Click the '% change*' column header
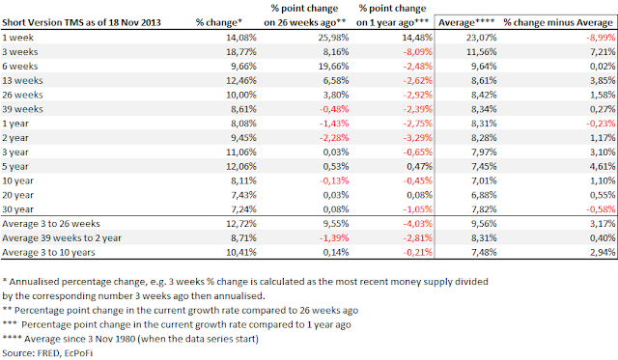[219, 23]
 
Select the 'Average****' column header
[466, 23]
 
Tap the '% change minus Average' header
[558, 23]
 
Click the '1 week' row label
[17, 38]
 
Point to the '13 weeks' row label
[22, 80]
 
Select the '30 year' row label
[17, 209]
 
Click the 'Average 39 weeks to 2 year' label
[62, 237]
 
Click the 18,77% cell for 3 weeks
[241, 51]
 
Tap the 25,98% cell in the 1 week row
[333, 38]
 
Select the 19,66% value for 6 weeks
[333, 67]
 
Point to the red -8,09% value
[417, 51]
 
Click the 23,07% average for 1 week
[481, 38]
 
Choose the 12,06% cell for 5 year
[241, 166]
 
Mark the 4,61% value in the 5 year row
[603, 166]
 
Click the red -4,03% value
[417, 224]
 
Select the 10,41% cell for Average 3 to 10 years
[241, 252]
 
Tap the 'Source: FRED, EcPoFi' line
[47, 353]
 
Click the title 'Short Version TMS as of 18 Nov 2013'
[81, 23]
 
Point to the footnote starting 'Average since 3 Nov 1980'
[130, 339]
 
